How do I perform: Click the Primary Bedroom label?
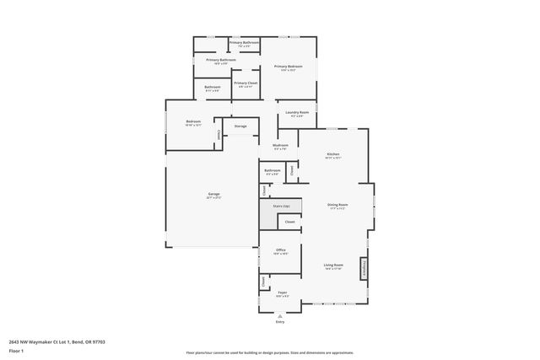288,67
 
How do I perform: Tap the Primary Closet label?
246,83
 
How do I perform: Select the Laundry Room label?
299,112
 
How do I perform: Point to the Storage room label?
240,126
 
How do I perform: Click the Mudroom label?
280,145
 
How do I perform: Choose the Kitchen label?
332,154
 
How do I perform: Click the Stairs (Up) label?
281,206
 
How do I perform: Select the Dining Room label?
337,205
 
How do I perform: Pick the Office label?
281,250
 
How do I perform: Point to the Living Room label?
332,266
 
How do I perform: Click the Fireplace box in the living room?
364,268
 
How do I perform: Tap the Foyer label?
282,293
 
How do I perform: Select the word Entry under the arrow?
280,322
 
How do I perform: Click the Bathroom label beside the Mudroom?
272,170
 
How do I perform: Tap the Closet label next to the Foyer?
263,281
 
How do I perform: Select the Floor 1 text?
16,350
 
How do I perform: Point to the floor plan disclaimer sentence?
270,352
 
